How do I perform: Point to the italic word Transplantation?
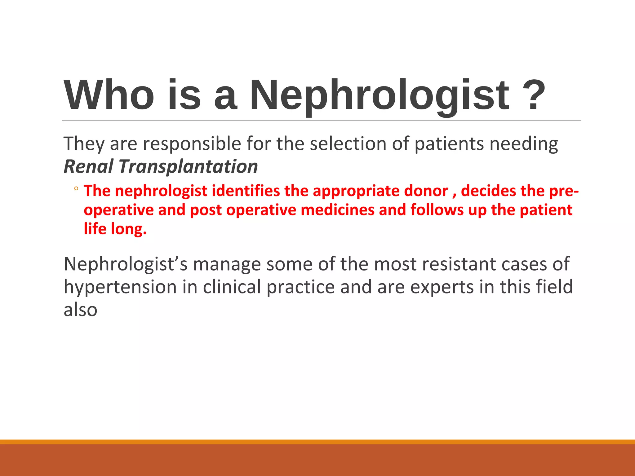click(188, 166)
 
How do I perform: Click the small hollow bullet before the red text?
click(76, 189)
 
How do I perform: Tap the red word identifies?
click(246, 191)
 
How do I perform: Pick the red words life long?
click(115, 229)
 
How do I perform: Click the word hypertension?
click(120, 287)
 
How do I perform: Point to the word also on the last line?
click(80, 310)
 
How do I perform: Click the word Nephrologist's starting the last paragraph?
click(126, 264)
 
